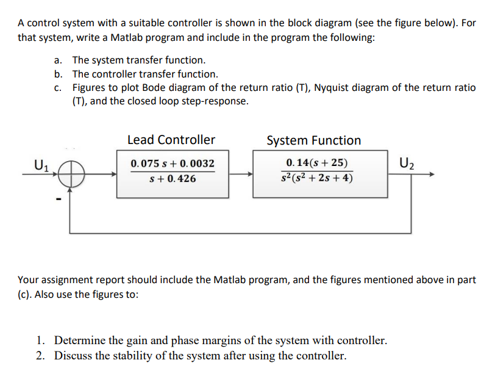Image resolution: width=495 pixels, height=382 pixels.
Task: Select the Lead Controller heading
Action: point(171,140)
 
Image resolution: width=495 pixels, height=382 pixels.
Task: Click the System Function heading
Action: point(314,140)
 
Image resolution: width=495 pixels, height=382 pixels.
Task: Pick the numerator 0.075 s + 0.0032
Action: point(173,164)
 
